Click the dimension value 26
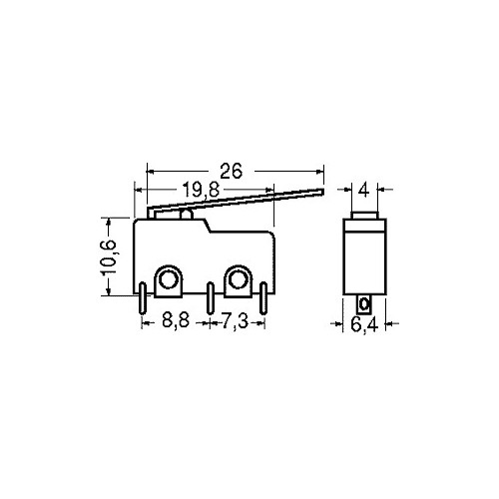click(232, 171)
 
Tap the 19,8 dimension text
click(202, 191)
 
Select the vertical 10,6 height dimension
click(109, 257)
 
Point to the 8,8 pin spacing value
click(176, 320)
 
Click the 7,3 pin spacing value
click(235, 321)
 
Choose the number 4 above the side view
click(364, 191)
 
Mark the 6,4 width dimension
click(364, 324)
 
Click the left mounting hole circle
click(168, 279)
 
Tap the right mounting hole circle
click(238, 279)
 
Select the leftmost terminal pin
click(142, 298)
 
